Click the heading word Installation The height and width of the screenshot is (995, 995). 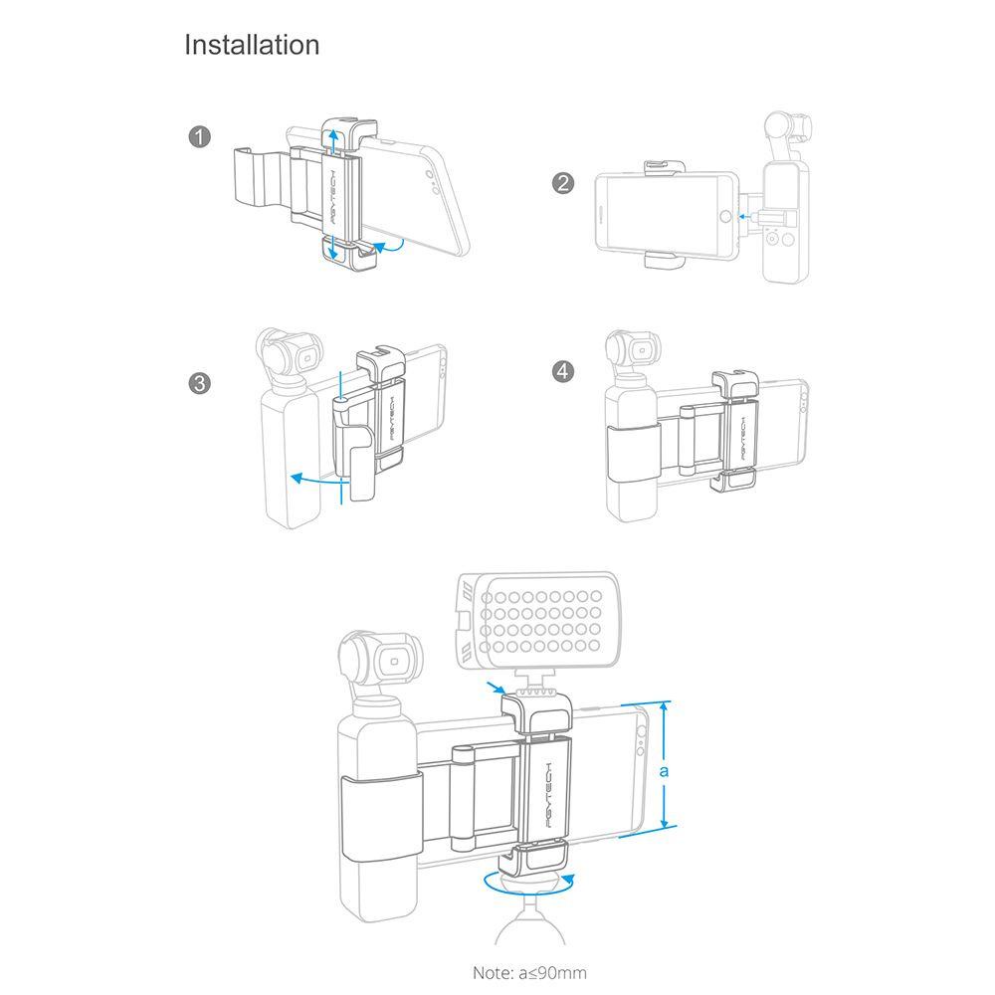(x=252, y=45)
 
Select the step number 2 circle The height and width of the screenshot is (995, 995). (x=563, y=183)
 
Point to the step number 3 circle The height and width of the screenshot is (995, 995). (x=199, y=383)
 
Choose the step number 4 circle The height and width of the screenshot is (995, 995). (x=563, y=371)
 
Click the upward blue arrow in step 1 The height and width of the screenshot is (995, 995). (x=334, y=138)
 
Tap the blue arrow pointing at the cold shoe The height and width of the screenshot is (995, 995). (x=497, y=689)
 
